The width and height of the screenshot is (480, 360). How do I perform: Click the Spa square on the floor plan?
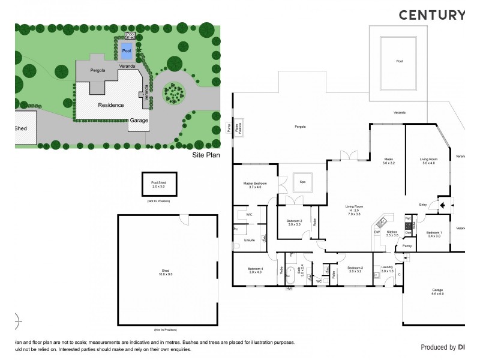pos(302,183)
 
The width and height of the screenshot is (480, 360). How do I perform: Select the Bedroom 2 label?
pos(293,223)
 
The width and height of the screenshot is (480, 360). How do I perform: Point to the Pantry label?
pos(406,245)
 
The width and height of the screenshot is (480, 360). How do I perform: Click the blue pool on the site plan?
pos(126,49)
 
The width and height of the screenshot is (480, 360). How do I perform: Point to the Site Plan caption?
pos(206,155)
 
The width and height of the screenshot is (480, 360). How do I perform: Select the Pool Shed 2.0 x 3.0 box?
pos(158,184)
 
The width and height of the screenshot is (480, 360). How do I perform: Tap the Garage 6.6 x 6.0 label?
pos(437,292)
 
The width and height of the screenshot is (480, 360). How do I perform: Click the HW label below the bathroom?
pos(289,289)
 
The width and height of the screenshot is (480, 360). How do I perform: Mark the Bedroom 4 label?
pos(256,270)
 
